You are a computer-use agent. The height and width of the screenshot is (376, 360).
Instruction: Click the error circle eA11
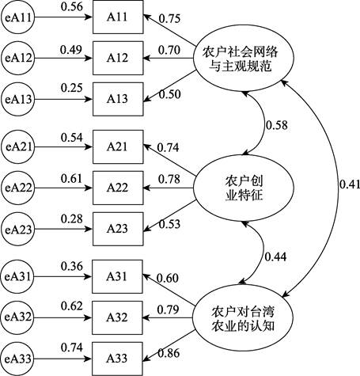[x=18, y=17]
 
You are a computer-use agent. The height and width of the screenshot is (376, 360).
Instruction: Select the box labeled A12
[x=118, y=58]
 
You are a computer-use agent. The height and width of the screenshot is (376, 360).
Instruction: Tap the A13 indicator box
[x=118, y=99]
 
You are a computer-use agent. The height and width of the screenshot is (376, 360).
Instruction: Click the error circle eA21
[x=18, y=146]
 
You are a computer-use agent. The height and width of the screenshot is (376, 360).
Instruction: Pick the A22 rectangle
[x=118, y=188]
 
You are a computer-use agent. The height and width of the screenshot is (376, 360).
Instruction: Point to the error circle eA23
[x=18, y=229]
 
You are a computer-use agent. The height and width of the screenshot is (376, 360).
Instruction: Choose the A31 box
[x=117, y=276]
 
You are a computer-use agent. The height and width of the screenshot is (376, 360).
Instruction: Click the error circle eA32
[x=17, y=317]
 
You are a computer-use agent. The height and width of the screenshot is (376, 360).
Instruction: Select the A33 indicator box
[x=117, y=359]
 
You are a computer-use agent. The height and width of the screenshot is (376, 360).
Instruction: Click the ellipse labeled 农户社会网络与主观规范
[x=243, y=59]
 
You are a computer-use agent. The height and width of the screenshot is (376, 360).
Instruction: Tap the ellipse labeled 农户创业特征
[x=244, y=188]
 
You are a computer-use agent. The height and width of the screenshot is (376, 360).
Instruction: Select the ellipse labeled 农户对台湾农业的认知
[x=243, y=317]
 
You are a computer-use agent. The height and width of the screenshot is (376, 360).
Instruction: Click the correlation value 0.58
[x=276, y=125]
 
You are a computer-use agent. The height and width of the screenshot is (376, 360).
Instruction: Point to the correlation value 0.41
[x=350, y=184]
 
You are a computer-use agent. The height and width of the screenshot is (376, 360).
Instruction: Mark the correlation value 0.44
[x=275, y=256]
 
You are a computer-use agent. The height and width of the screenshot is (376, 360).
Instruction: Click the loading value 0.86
[x=169, y=353]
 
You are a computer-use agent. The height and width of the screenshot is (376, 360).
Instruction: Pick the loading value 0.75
[x=169, y=18]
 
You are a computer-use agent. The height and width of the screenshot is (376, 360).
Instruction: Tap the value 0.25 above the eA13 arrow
[x=72, y=88]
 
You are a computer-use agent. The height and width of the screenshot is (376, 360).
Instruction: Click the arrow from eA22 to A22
[x=63, y=188]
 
